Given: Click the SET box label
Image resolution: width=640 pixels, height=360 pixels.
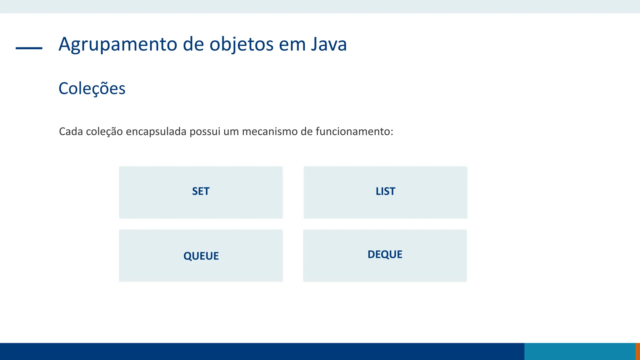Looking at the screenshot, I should (201, 191).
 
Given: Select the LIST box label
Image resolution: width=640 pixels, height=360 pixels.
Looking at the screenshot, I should (385, 191).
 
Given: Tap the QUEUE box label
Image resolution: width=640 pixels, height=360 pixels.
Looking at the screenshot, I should (201, 256).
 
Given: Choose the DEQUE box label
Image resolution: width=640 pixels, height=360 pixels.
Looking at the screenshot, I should (385, 254).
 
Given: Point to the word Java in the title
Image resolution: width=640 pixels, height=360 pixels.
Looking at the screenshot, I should (329, 44).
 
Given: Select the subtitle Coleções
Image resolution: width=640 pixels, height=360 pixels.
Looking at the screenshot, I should (92, 88).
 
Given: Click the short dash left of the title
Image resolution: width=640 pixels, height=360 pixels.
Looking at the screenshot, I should (29, 48).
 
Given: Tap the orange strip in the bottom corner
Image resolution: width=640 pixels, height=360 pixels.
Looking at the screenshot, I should (637, 351).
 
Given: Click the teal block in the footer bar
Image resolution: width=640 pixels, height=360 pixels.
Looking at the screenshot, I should (580, 351).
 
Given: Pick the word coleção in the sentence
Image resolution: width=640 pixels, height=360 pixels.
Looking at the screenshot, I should (104, 132).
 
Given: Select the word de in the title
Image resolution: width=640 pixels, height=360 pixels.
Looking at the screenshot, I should (194, 44).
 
